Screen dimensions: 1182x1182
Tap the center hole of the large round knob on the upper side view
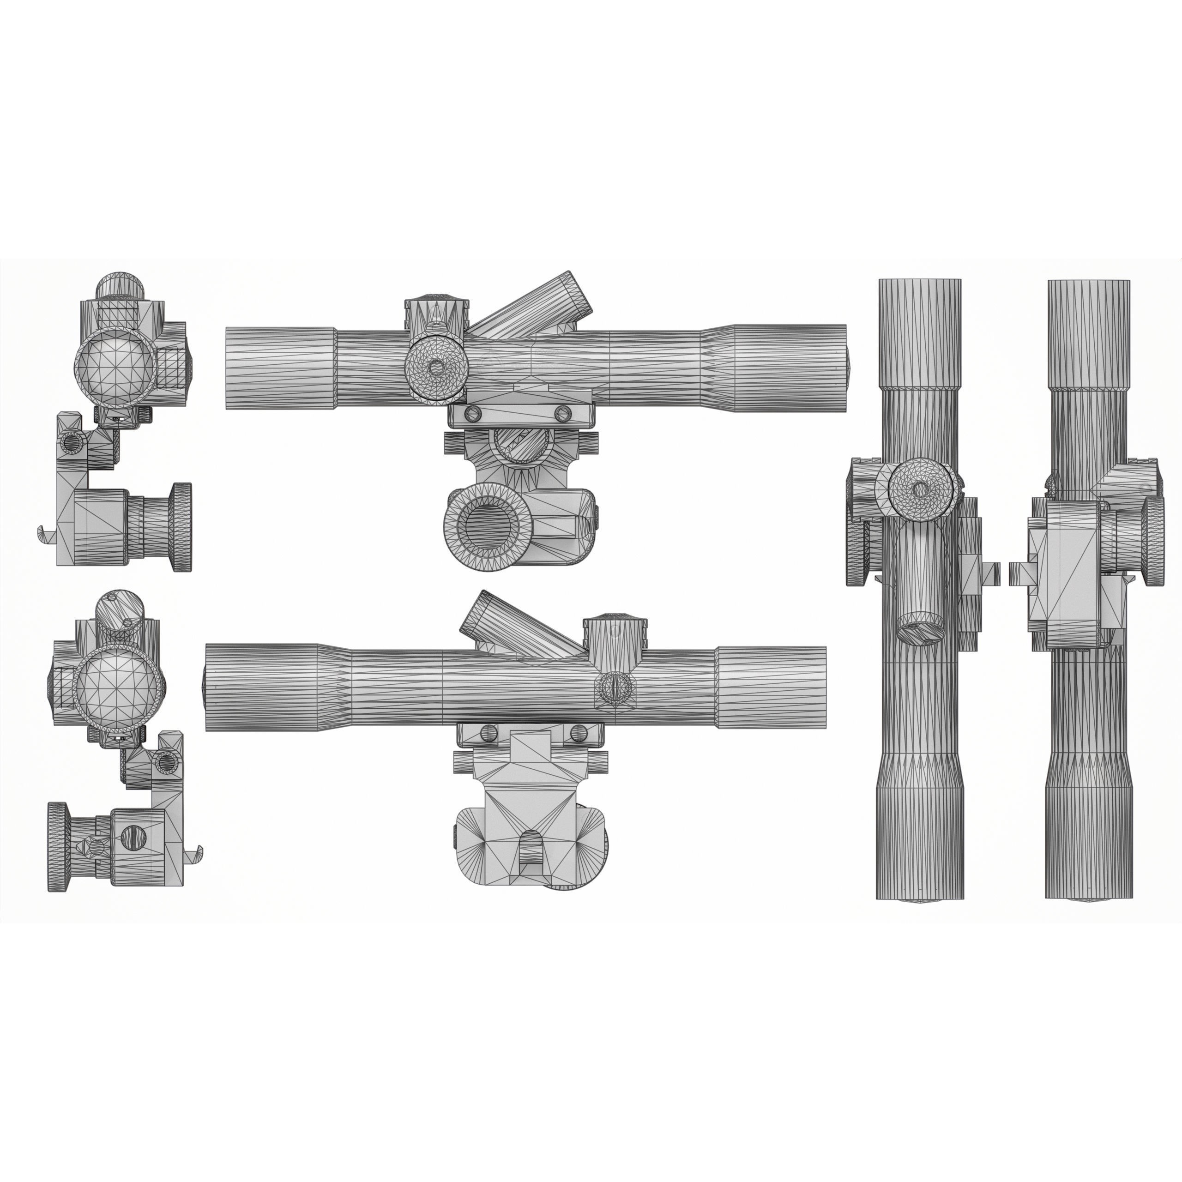tap(436, 367)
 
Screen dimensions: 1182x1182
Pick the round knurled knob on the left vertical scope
tap(921, 489)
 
